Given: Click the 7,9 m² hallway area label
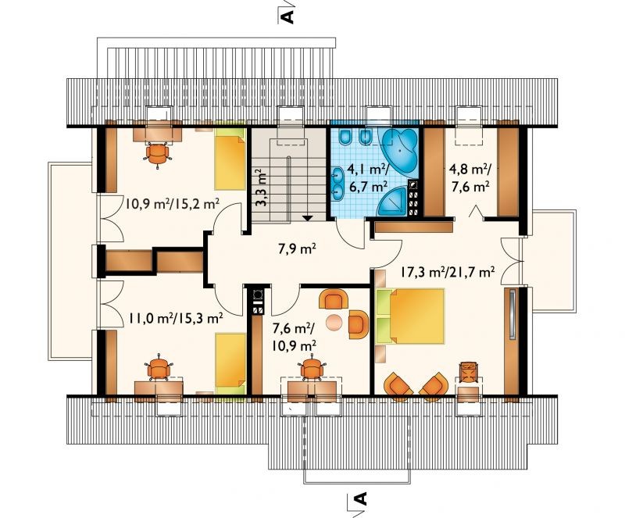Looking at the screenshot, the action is click(298, 250).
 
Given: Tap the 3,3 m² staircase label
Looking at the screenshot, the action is click(261, 188).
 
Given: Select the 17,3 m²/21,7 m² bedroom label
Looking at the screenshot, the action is click(448, 273).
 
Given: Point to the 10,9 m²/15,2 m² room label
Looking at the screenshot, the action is click(172, 205).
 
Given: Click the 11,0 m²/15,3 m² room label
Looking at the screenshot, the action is click(175, 318).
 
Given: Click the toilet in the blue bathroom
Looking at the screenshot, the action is click(345, 137).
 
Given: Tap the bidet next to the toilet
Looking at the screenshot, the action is click(365, 137).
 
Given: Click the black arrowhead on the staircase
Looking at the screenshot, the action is click(307, 218).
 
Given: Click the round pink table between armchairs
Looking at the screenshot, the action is click(334, 322).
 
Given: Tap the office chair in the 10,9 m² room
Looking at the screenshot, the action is click(158, 154).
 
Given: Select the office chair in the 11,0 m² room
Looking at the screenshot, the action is click(159, 368).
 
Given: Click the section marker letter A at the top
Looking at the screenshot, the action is click(287, 16).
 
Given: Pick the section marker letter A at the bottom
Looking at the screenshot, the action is click(360, 499).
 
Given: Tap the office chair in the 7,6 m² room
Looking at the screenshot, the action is click(312, 369).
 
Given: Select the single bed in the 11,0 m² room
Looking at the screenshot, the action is click(230, 364).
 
